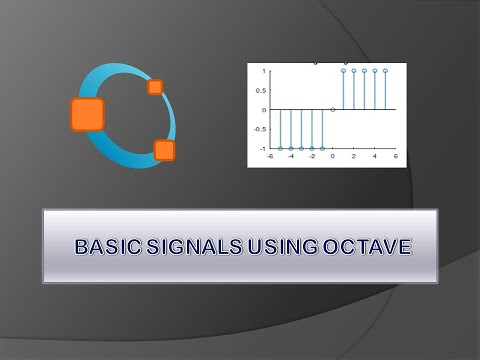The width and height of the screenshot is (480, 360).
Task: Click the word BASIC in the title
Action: tap(107, 246)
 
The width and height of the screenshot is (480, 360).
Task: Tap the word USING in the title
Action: tap(283, 246)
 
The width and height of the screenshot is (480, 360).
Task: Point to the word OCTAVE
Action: tap(364, 246)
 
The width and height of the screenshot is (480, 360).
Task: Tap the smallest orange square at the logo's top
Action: tap(155, 87)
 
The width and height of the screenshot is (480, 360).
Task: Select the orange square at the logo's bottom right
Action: tap(164, 150)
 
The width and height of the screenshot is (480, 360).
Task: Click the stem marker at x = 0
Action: tap(333, 109)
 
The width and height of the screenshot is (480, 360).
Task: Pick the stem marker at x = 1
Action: tap(343, 71)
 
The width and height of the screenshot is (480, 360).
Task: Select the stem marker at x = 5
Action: tap(385, 71)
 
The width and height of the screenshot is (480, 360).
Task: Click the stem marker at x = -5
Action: tap(280, 148)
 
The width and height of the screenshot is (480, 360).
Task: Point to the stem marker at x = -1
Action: tap(322, 148)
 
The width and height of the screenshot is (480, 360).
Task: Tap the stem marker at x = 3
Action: tap(364, 71)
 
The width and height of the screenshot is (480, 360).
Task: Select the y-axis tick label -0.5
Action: tap(259, 129)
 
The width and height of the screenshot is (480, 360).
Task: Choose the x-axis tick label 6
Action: tap(396, 156)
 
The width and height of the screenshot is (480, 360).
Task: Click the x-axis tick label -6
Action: tap(269, 156)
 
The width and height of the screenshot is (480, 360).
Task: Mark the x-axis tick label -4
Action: tap(290, 156)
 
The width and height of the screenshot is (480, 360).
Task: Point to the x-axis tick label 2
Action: tap(354, 156)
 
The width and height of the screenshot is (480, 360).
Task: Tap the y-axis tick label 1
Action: tap(263, 71)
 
